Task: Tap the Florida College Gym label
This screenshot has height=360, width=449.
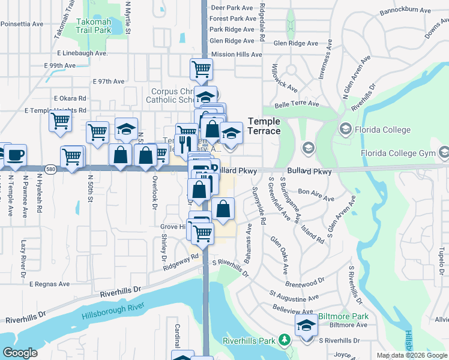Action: tap(397, 153)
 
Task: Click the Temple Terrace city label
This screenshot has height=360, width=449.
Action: tap(264, 126)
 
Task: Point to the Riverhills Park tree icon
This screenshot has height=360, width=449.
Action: tap(284, 340)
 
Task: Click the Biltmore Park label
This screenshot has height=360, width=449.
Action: tap(343, 316)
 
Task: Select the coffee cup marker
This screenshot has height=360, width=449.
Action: tap(16, 155)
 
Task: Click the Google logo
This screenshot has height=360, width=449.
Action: tap(20, 353)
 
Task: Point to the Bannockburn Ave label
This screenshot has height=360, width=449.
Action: tap(406, 10)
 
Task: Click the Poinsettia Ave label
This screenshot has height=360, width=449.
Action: tap(22, 24)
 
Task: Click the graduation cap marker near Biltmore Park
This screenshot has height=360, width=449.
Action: tap(307, 326)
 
